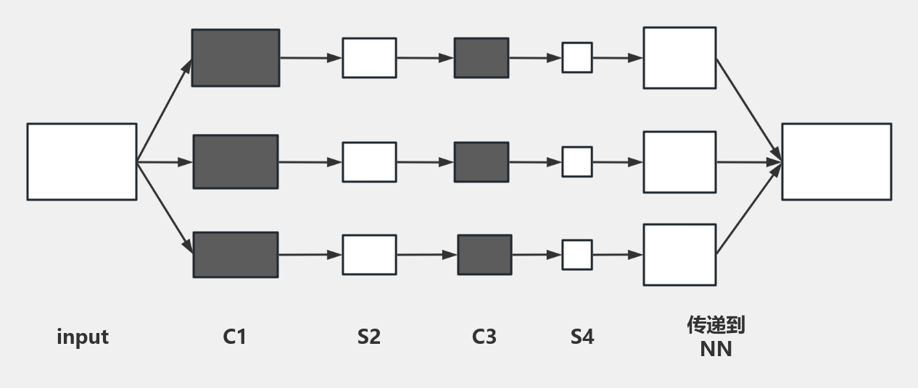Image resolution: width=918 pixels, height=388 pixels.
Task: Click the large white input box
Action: pos(82,161)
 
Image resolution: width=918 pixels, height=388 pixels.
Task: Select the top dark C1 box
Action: pos(236,58)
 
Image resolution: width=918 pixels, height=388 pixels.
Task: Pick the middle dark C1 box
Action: pos(236,161)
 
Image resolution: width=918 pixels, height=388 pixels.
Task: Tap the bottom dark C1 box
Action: pos(236,255)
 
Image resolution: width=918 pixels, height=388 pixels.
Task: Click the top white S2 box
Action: pos(369,58)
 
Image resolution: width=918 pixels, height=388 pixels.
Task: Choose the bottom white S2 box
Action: pos(369,255)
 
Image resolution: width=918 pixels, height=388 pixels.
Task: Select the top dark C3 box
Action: pos(481,58)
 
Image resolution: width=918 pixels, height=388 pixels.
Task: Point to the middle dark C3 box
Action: pos(481,161)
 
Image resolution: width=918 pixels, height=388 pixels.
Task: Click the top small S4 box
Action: pos(577,58)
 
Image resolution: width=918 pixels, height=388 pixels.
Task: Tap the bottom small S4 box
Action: pos(577,255)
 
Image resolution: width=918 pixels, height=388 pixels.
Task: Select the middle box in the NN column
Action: pos(679,161)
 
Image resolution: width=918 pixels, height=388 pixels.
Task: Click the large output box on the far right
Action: pos(837,161)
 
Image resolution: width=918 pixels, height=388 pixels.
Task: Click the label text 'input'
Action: pos(83,337)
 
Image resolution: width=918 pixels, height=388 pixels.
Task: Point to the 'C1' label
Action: pos(235,337)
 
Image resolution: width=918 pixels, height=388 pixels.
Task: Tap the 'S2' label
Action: pos(369,337)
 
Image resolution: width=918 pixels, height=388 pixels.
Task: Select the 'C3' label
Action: pos(484,337)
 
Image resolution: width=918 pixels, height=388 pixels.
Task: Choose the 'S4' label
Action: pos(582,337)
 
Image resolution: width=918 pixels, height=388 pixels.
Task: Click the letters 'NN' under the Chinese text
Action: pos(716,349)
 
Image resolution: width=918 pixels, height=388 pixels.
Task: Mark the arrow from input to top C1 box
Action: pos(165,109)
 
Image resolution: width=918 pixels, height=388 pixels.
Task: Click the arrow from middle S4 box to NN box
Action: pos(617,162)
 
